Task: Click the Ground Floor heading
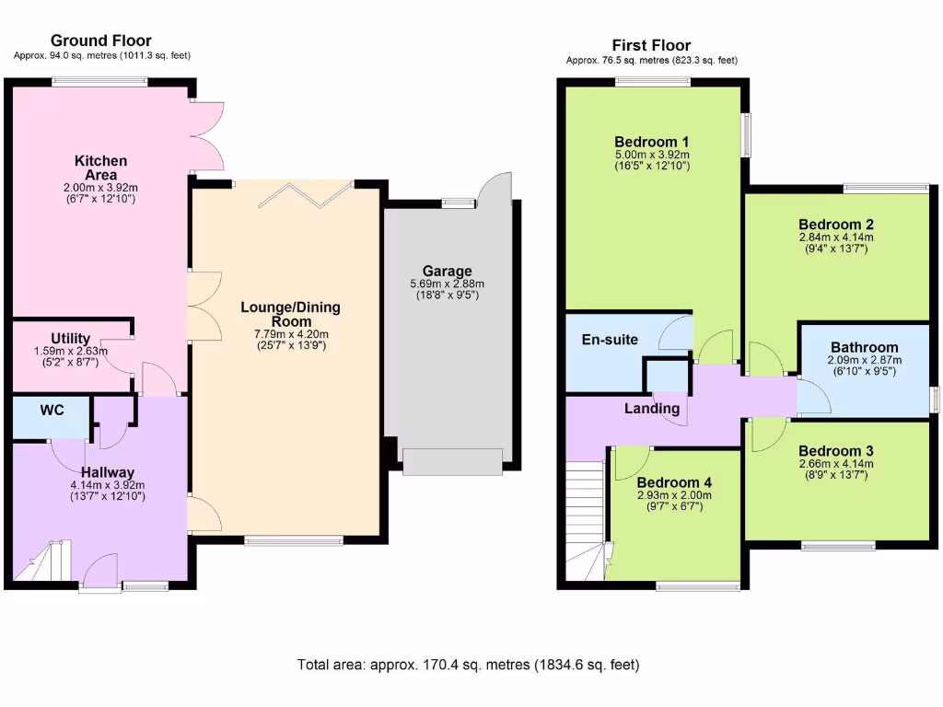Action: pos(101,41)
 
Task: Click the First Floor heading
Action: pos(651,45)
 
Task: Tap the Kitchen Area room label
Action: pos(100,168)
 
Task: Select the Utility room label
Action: pos(71,339)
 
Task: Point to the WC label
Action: pos(52,411)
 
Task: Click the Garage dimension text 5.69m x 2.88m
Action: pos(448,284)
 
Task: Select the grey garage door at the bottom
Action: pos(452,461)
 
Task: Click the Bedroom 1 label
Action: pos(651,141)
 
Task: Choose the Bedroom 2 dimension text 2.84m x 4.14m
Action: pos(836,237)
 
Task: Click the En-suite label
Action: pos(610,340)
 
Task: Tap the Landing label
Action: pos(652,408)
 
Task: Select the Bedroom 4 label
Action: pos(673,482)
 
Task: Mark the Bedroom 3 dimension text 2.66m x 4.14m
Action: pos(836,463)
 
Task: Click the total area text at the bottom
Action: pos(468,664)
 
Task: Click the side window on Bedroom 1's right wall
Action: pos(747,134)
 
